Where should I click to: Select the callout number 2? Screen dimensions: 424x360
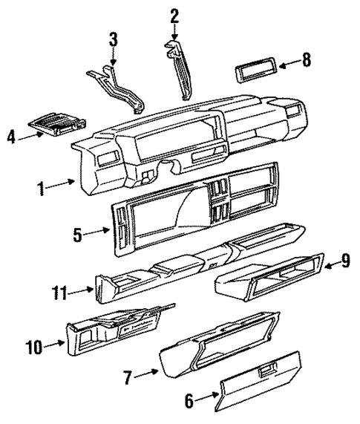pos(174,14)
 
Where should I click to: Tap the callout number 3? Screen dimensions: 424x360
pos(113,38)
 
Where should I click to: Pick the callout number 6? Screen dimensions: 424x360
pos(189,400)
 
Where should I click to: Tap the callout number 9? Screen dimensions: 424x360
pos(345,261)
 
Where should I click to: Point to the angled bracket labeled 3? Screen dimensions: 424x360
pos(119,85)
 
